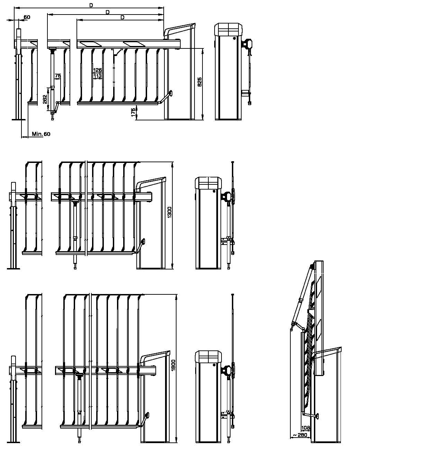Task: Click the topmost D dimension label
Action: point(91,5)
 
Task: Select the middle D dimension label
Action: point(108,12)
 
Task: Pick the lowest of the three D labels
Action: point(123,18)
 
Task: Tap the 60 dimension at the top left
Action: point(27,17)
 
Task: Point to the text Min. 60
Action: point(41,134)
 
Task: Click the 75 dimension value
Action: point(58,76)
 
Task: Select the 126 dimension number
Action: point(98,70)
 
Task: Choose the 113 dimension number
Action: point(98,76)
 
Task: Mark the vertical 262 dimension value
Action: point(45,99)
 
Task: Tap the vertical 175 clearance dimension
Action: point(133,112)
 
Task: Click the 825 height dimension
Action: point(200,82)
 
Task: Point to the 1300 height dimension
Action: point(170,212)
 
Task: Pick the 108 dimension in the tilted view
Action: point(306,428)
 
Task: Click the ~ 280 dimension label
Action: point(300,435)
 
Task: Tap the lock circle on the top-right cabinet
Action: point(234,38)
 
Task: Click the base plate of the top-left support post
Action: point(18,120)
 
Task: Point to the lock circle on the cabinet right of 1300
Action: point(214,191)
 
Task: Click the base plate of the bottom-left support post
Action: point(13,442)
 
